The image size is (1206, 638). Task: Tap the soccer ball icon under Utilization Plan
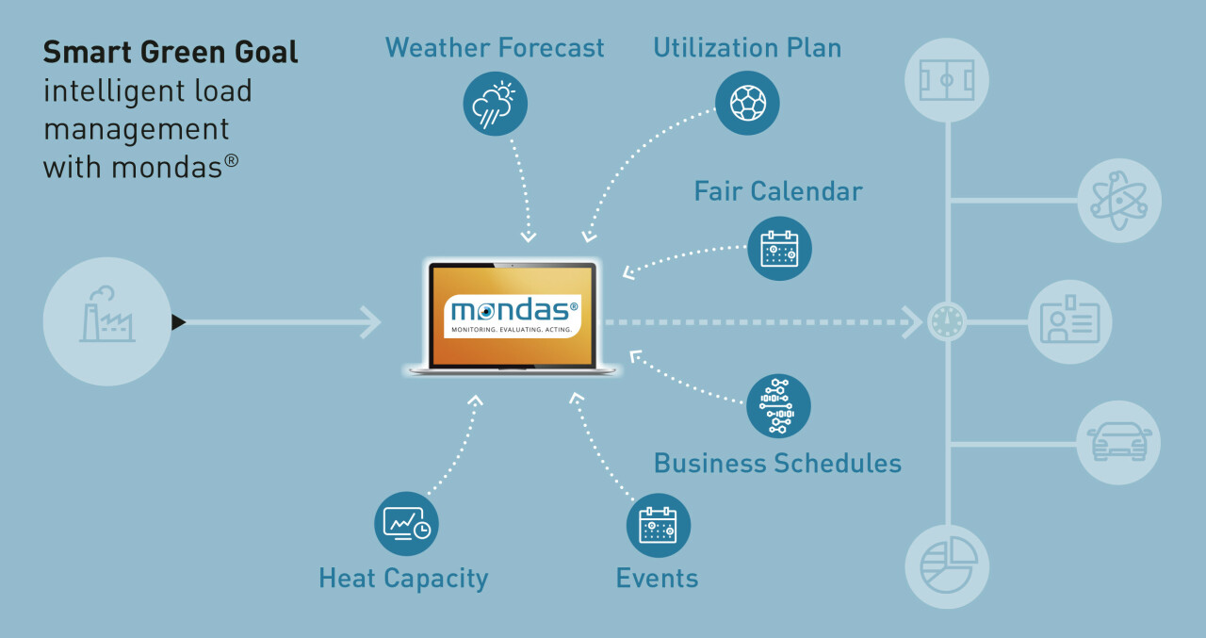747,103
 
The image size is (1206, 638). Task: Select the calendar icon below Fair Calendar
779,249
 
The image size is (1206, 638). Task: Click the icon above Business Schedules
778,405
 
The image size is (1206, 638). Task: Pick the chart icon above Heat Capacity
406,523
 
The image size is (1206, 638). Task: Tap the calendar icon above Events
658,525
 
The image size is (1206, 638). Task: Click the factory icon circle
107,321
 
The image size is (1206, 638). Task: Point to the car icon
1118,442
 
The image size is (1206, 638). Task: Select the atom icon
1118,200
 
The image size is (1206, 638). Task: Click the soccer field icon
947,81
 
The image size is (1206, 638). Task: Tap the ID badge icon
1069,322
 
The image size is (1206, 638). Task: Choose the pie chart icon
947,565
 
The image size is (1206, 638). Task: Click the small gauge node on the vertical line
947,322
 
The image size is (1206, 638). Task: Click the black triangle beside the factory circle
178,322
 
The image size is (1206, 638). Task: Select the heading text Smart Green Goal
171,53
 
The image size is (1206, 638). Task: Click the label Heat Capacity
403,578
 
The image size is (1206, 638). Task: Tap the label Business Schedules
777,463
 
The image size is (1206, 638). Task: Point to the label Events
657,578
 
